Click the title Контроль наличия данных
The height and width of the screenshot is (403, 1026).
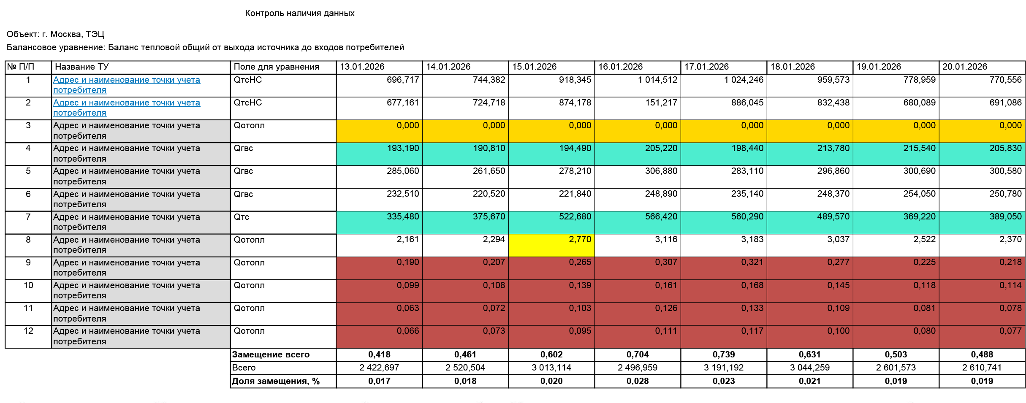299,13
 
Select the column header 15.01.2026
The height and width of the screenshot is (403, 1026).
534,67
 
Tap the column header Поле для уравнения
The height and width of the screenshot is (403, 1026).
276,67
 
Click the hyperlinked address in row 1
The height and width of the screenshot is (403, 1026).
126,84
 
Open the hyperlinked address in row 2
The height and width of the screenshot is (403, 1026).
126,107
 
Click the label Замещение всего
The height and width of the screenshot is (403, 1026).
271,354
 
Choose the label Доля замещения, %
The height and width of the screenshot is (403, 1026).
275,381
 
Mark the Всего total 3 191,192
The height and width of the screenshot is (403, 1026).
723,368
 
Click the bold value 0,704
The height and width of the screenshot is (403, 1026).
637,354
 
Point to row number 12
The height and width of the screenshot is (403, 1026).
28,331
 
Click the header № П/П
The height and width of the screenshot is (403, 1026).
21,67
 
